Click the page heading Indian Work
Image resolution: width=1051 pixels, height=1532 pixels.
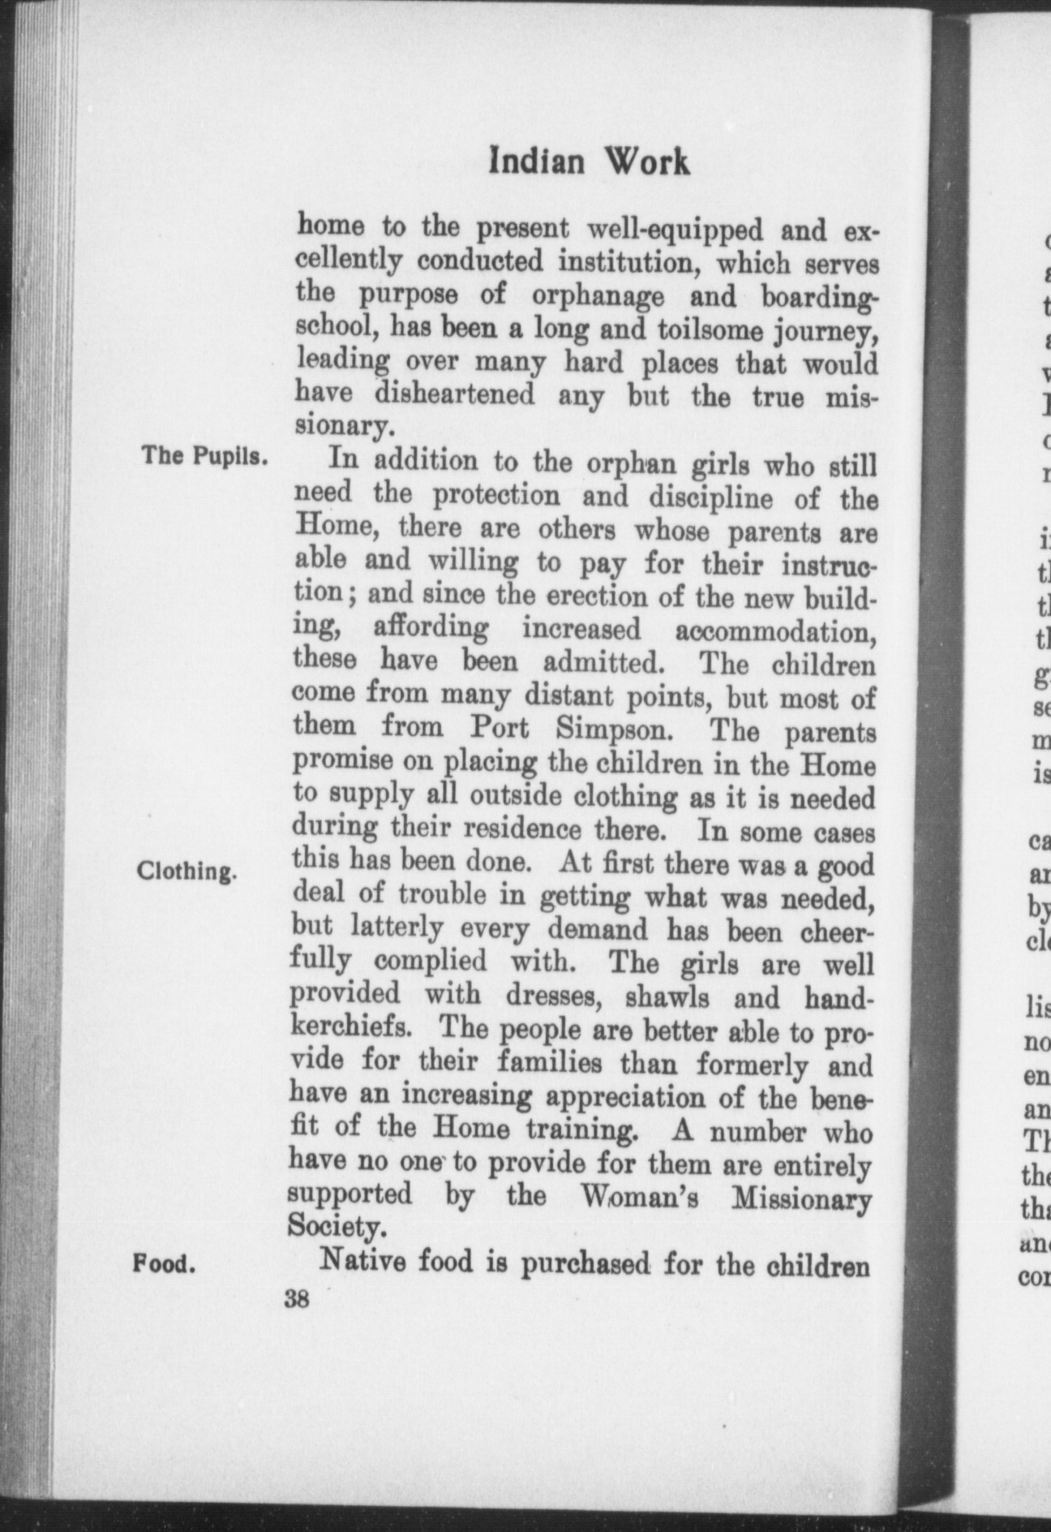pyautogui.click(x=590, y=161)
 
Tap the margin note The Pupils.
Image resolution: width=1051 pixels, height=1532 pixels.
pyautogui.click(x=204, y=455)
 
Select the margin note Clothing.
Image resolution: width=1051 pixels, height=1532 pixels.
pyautogui.click(x=187, y=872)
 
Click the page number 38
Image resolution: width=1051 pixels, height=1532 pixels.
pyautogui.click(x=297, y=1323)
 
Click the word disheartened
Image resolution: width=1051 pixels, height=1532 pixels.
pyautogui.click(x=455, y=395)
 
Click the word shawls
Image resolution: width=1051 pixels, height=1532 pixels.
pyautogui.click(x=676, y=996)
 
